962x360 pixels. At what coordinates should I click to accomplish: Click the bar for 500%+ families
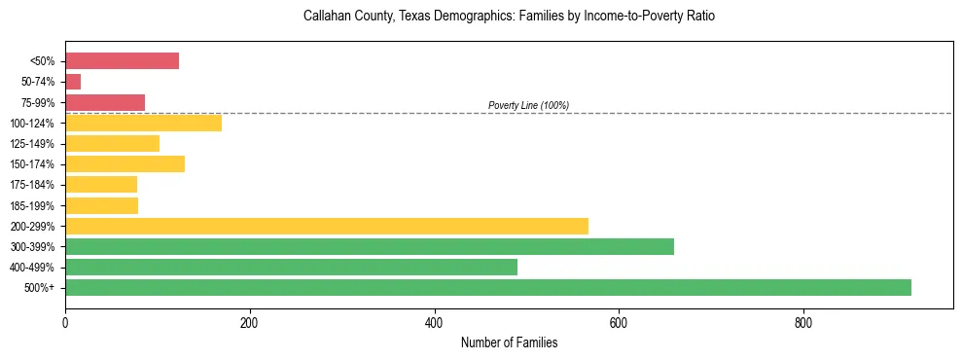(x=487, y=287)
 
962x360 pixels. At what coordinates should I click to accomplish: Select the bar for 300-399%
(x=369, y=246)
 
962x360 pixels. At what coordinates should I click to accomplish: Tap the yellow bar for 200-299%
(x=326, y=226)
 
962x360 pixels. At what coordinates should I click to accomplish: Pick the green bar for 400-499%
(x=291, y=267)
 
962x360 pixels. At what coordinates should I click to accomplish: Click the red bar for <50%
(x=122, y=61)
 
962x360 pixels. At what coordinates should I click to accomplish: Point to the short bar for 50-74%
(x=73, y=82)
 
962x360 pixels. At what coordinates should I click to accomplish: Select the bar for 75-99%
(x=105, y=102)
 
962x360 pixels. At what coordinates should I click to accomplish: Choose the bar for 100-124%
(x=143, y=123)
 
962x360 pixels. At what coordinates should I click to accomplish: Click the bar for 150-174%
(x=125, y=163)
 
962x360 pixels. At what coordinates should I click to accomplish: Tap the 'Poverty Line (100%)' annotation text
(x=528, y=105)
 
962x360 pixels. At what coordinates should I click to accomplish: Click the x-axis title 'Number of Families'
(x=509, y=343)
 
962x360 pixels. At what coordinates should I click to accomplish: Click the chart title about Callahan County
(x=509, y=17)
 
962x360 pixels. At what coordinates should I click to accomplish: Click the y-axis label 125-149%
(x=32, y=144)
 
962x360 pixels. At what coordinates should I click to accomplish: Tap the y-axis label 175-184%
(x=32, y=185)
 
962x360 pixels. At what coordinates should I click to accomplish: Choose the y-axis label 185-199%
(x=32, y=205)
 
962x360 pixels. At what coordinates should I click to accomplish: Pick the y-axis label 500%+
(x=39, y=288)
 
